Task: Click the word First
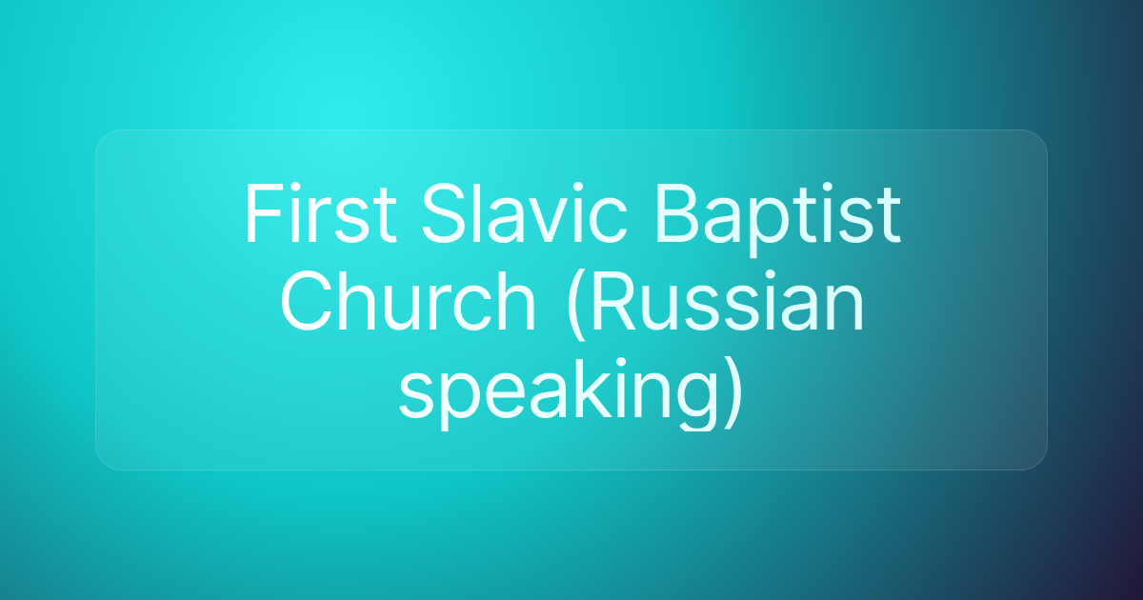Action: pyautogui.click(x=319, y=215)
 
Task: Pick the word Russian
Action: pyautogui.click(x=730, y=305)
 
